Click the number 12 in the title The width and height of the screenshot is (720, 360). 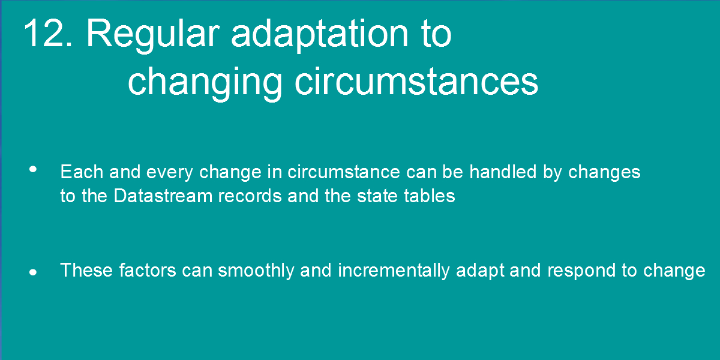pos(47,33)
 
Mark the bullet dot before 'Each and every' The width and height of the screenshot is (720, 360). pos(33,169)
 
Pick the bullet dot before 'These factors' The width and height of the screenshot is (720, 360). pos(33,272)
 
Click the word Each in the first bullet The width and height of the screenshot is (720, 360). pos(82,172)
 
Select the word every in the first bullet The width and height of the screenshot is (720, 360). pos(170,173)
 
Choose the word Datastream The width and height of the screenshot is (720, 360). pos(163,196)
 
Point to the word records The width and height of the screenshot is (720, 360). pos(250,196)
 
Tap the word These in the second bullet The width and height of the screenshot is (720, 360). pos(86,270)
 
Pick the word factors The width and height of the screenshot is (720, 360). pos(148,270)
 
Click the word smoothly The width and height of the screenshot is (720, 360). pos(256,271)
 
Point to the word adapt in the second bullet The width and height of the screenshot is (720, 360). pos(480,271)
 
